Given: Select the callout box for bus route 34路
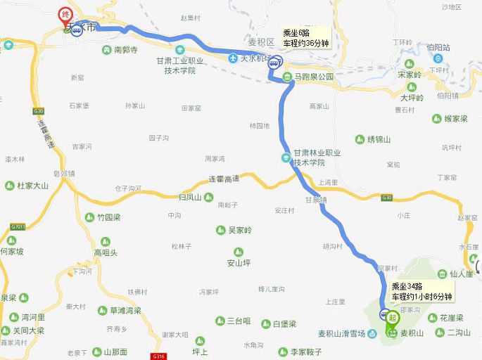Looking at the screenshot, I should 420,292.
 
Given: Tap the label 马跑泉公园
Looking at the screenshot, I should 315,77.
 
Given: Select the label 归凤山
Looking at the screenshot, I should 190,198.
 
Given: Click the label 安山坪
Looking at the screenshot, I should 238,263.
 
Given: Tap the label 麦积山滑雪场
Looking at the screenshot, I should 341,333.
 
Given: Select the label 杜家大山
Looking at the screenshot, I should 32,186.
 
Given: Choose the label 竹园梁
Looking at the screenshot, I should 109,218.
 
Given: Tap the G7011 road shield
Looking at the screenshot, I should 18,226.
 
